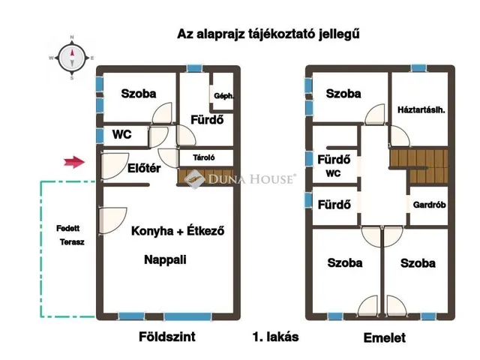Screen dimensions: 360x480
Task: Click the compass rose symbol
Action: (72, 56)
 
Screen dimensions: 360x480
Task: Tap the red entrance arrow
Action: (73, 160)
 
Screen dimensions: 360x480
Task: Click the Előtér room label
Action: (144, 169)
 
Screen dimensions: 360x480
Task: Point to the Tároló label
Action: (204, 157)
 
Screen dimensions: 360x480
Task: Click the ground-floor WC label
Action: (122, 135)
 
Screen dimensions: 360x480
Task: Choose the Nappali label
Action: (165, 260)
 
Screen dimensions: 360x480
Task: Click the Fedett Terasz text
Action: (70, 235)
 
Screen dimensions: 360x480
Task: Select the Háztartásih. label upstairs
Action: (421, 110)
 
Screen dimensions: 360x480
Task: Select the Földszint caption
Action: (167, 337)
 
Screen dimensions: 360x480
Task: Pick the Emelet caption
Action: (384, 338)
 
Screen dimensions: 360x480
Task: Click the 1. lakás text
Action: (275, 337)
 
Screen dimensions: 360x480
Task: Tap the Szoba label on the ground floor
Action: (139, 94)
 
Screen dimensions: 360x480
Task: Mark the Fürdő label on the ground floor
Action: (206, 120)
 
